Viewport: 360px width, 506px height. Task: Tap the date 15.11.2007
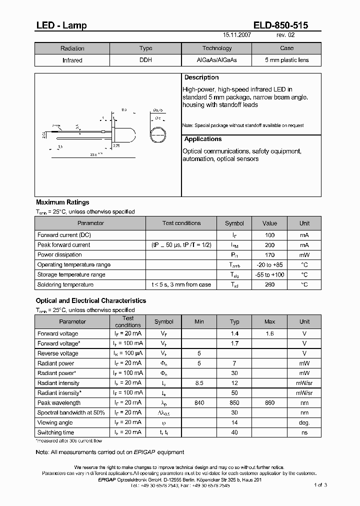(x=237, y=36)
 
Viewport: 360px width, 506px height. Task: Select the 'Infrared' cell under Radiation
(x=72, y=60)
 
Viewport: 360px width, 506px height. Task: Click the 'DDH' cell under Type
(x=145, y=60)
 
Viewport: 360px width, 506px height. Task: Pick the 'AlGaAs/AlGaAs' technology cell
(x=216, y=60)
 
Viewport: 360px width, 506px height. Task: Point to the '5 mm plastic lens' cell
(x=286, y=60)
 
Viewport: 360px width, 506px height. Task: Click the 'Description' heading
(x=201, y=78)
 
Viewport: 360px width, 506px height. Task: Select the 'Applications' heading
(x=203, y=139)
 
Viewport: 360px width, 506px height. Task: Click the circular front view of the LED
(x=158, y=135)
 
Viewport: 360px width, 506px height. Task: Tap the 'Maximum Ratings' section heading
(x=62, y=202)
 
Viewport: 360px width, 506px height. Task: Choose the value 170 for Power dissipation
(x=269, y=255)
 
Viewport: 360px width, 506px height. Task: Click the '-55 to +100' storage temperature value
(x=269, y=275)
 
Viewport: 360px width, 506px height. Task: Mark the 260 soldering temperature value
(x=269, y=285)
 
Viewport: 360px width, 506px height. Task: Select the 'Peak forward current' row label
(x=63, y=245)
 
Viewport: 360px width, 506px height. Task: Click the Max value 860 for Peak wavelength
(x=269, y=403)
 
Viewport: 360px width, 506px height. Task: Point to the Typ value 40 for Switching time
(x=234, y=432)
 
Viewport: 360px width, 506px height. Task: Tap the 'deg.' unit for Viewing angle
(x=304, y=423)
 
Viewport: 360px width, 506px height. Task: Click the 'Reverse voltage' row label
(x=57, y=353)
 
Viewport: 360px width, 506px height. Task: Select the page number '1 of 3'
(x=320, y=485)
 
